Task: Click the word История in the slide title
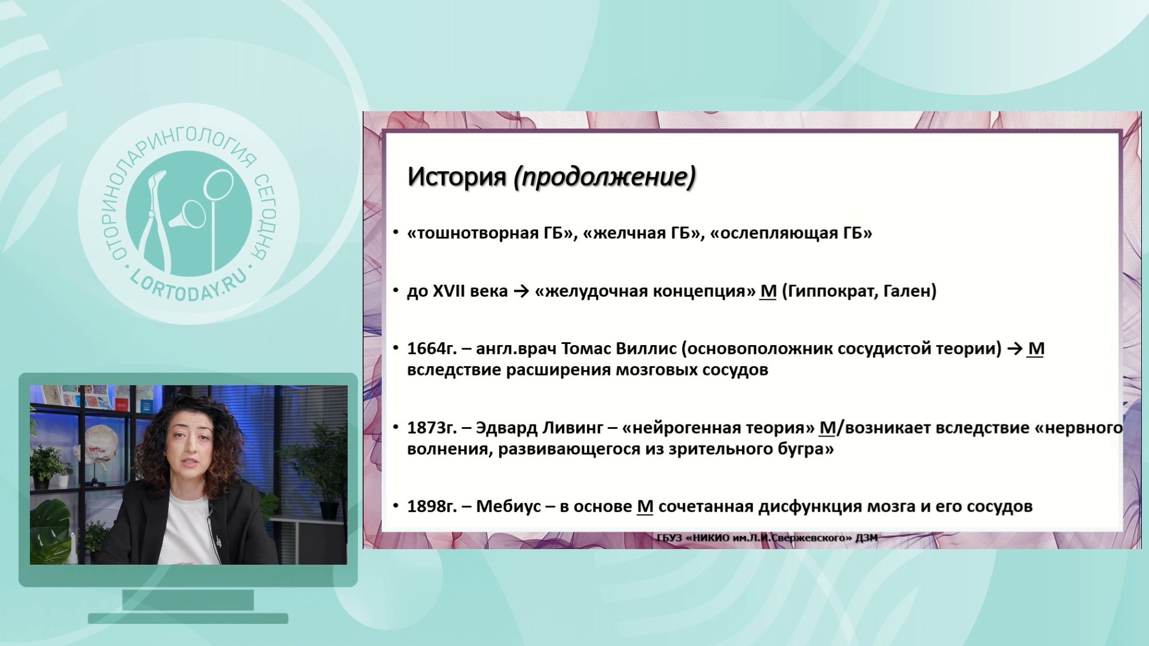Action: (x=457, y=177)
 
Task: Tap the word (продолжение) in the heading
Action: (x=604, y=178)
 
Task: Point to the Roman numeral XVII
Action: (x=452, y=291)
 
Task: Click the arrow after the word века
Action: (x=521, y=292)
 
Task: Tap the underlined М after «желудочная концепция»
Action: (x=768, y=291)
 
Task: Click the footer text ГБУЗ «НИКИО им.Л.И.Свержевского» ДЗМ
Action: (x=767, y=538)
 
